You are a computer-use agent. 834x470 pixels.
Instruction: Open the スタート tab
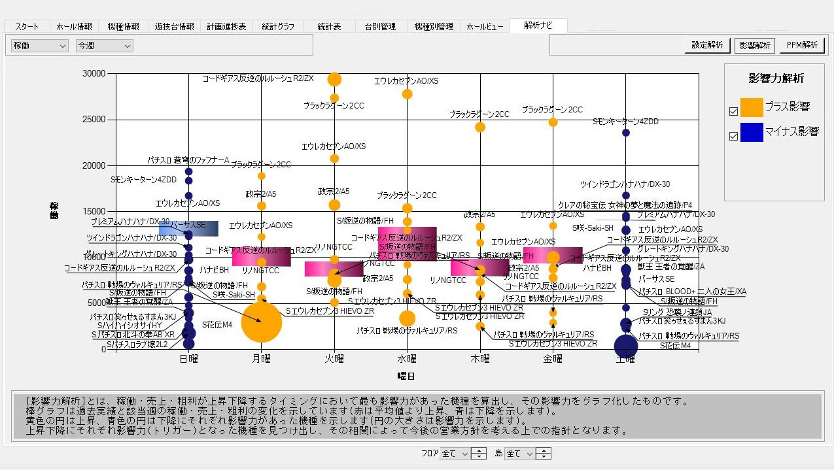pyautogui.click(x=27, y=27)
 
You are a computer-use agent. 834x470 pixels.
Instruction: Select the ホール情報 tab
pyautogui.click(x=75, y=27)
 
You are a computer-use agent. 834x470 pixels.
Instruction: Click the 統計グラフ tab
pyautogui.click(x=278, y=27)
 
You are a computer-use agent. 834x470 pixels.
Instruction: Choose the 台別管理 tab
pyautogui.click(x=381, y=27)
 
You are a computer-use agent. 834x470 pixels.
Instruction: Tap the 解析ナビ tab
pyautogui.click(x=538, y=25)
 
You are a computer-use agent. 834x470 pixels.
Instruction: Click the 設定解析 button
pyautogui.click(x=708, y=45)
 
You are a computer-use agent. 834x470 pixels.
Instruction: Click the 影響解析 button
pyautogui.click(x=755, y=45)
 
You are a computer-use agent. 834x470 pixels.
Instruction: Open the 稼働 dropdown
pyautogui.click(x=40, y=46)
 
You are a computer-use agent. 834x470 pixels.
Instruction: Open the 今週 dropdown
pyautogui.click(x=104, y=46)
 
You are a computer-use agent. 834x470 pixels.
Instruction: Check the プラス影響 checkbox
pyautogui.click(x=733, y=111)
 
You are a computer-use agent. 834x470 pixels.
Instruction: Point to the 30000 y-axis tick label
pyautogui.click(x=94, y=74)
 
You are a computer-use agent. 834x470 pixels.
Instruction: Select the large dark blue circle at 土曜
pyautogui.click(x=626, y=346)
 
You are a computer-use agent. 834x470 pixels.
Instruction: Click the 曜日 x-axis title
pyautogui.click(x=406, y=376)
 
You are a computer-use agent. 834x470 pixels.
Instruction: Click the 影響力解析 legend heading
pyautogui.click(x=776, y=78)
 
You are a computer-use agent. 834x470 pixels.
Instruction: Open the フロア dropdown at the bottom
pyautogui.click(x=455, y=454)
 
